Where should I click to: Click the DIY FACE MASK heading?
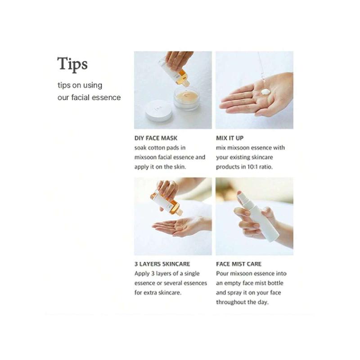[x=156, y=138]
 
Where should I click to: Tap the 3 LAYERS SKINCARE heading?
[x=162, y=264]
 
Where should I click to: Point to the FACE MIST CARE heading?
[x=238, y=264]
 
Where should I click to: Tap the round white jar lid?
[x=157, y=111]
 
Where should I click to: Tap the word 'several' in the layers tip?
[x=183, y=283]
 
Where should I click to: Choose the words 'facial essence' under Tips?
[x=99, y=97]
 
